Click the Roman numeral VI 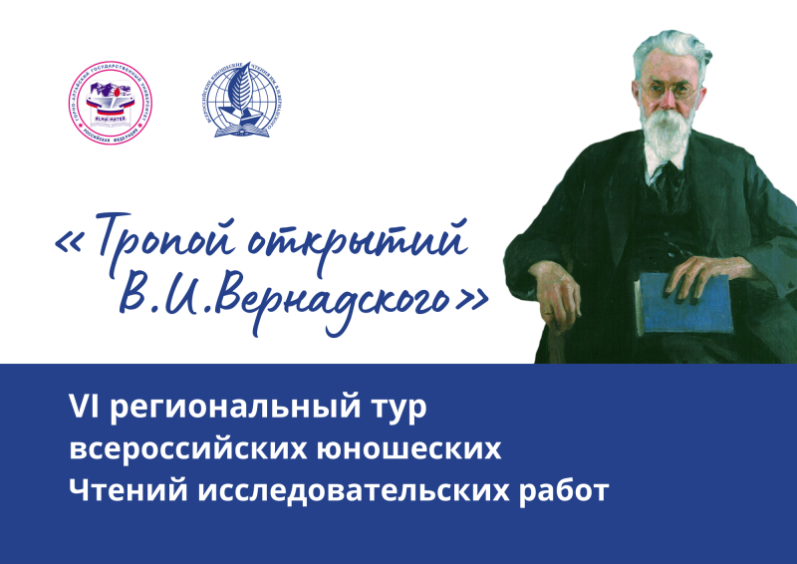click(x=80, y=408)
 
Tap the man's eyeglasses click(x=669, y=90)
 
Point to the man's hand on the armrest click(x=559, y=289)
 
